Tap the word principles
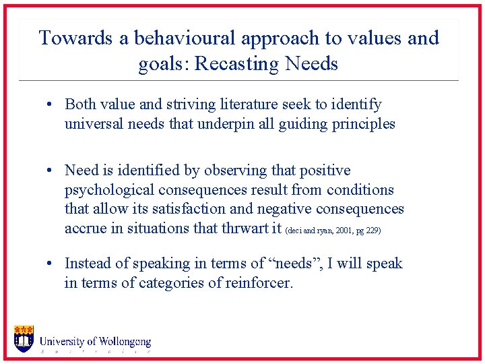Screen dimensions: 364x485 coord(364,124)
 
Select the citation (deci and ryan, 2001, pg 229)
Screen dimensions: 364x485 coord(333,231)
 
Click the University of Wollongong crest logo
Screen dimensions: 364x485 coord(24,338)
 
